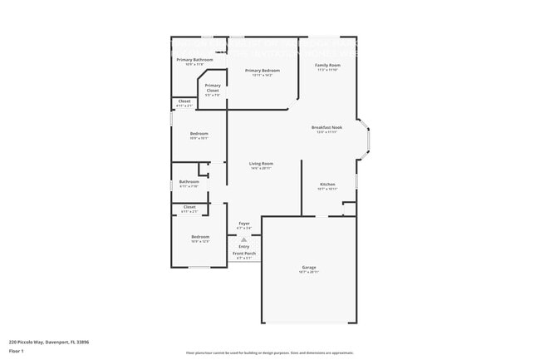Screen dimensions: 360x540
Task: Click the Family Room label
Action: [x=327, y=65]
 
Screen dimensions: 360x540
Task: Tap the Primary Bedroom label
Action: [x=262, y=71]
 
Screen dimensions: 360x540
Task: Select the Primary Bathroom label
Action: [x=194, y=60]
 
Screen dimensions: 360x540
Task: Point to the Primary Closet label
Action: [x=213, y=86]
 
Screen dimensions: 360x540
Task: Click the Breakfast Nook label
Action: [x=327, y=127]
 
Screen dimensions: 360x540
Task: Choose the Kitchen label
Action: [x=327, y=184]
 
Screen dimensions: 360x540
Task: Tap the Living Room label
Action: [x=261, y=164]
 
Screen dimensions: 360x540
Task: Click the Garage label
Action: [x=309, y=267]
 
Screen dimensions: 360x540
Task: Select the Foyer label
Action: [x=244, y=224]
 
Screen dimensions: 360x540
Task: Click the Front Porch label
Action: [x=244, y=253]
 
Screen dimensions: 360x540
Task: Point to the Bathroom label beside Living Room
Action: [x=189, y=181]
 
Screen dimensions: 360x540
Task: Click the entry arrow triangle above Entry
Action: [x=244, y=239]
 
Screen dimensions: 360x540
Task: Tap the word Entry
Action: [x=244, y=246]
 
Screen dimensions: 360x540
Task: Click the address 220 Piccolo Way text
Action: [x=49, y=341]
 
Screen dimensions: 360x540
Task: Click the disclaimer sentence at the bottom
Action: [x=269, y=353]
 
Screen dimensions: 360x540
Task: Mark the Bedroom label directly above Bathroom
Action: [x=199, y=133]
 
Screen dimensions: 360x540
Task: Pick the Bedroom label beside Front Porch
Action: [x=200, y=236]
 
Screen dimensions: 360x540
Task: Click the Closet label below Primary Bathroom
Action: [x=184, y=101]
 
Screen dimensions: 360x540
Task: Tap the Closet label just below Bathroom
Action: [x=189, y=206]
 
